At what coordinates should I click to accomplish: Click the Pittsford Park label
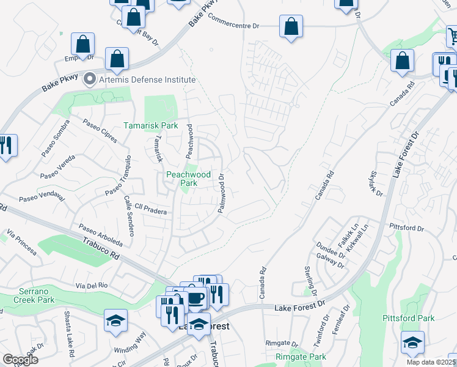tap(409, 318)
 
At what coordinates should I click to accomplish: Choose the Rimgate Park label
tap(301, 357)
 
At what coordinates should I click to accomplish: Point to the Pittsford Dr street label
tap(407, 228)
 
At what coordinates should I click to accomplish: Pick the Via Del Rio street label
tap(92, 286)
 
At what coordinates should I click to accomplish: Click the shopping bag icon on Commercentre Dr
tap(291, 27)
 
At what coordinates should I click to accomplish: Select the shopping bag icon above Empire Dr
tap(82, 45)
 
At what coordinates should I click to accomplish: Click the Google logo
tap(20, 359)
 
